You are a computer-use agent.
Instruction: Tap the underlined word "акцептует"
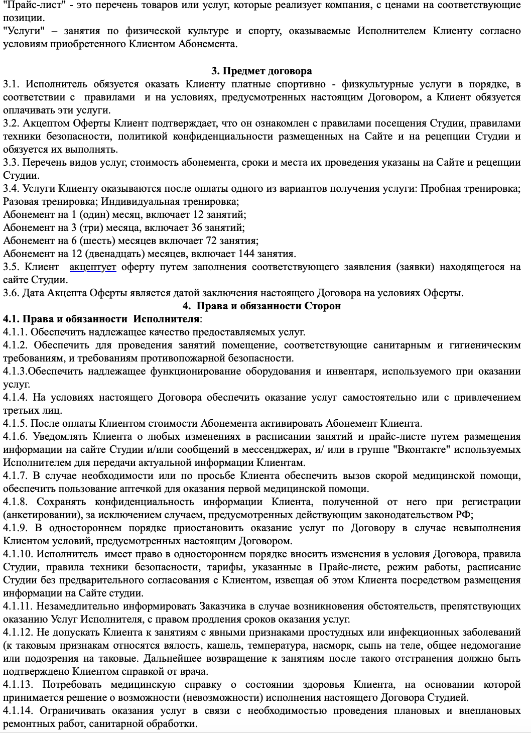coord(93,267)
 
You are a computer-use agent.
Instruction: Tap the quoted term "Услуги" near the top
coord(20,31)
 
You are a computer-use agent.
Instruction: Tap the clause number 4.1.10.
coord(18,554)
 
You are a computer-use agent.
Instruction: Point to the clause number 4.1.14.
coord(18,710)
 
